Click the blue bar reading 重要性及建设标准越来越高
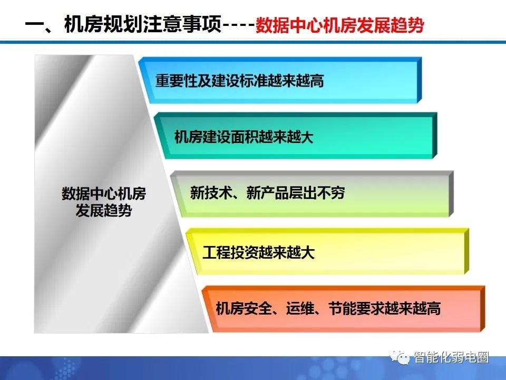[279, 81]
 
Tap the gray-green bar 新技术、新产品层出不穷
[311, 193]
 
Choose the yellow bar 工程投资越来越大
[327, 252]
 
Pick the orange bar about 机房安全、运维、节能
[343, 309]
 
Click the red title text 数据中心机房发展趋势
[340, 26]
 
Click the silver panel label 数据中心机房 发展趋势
[104, 202]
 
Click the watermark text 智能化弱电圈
[451, 358]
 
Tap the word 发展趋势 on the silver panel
[104, 211]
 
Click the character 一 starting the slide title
[34, 26]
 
